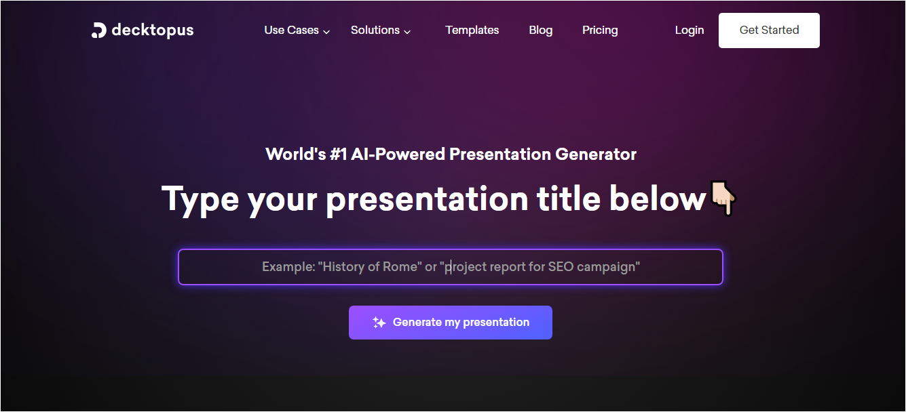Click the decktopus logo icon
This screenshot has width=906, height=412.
click(98, 30)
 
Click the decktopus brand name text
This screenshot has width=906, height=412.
click(153, 30)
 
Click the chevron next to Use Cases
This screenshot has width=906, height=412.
click(326, 31)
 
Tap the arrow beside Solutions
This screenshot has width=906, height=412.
click(407, 31)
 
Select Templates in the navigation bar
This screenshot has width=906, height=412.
click(472, 30)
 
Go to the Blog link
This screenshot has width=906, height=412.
click(541, 30)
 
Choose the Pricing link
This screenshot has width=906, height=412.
click(600, 30)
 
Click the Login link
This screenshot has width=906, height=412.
click(690, 30)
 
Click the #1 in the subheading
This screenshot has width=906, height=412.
click(338, 154)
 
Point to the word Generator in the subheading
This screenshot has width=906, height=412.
click(596, 154)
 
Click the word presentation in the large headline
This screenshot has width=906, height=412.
click(427, 199)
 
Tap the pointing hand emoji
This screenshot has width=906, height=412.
click(723, 198)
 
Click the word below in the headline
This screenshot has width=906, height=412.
click(658, 199)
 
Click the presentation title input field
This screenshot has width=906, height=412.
click(451, 267)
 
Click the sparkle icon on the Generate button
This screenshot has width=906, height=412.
click(379, 323)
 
